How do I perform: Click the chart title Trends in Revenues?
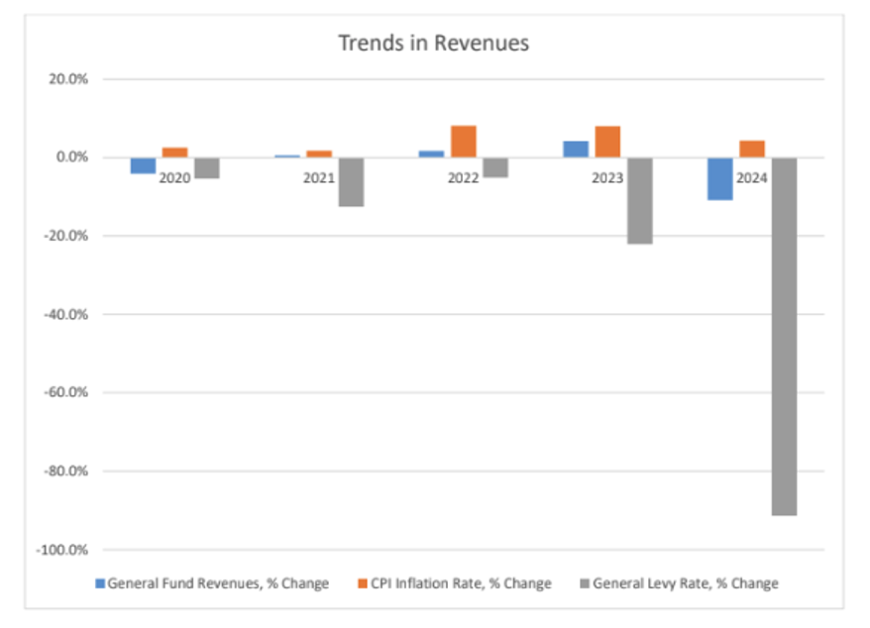[433, 44]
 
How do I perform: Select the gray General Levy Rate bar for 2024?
[784, 337]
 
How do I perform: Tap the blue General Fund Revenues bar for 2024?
[720, 179]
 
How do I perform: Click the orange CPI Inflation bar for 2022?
[464, 142]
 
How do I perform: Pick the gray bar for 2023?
[640, 201]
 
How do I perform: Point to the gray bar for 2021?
[351, 182]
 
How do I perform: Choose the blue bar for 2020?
[143, 165]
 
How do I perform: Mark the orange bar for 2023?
[607, 142]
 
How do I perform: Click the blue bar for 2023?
[576, 150]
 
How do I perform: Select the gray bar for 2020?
[207, 168]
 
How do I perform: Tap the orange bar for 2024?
[752, 150]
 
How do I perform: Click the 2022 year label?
[464, 178]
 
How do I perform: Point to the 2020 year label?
[174, 178]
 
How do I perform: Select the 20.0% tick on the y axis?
[68, 79]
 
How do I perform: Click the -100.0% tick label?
[62, 550]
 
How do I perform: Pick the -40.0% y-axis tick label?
[66, 315]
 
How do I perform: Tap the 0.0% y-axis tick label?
[72, 157]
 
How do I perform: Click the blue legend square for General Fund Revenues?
[100, 583]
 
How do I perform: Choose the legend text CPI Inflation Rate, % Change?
[461, 583]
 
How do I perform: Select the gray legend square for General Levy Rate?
[585, 583]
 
